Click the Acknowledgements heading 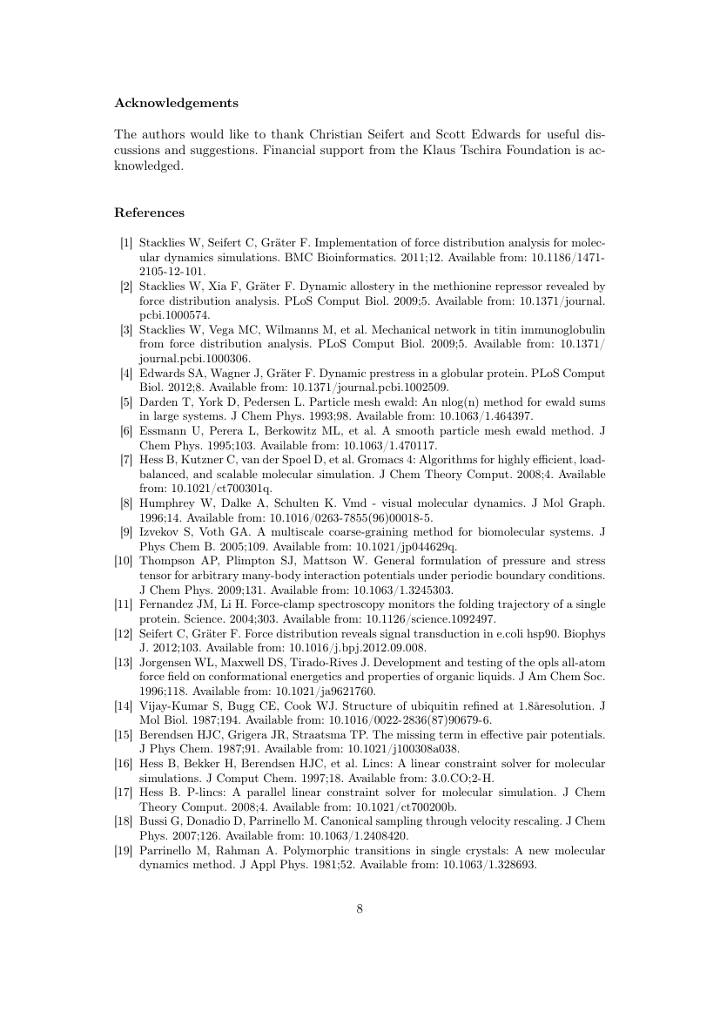tap(176, 103)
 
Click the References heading tap(149, 213)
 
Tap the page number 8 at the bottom tap(360, 909)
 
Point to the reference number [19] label tap(124, 854)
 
